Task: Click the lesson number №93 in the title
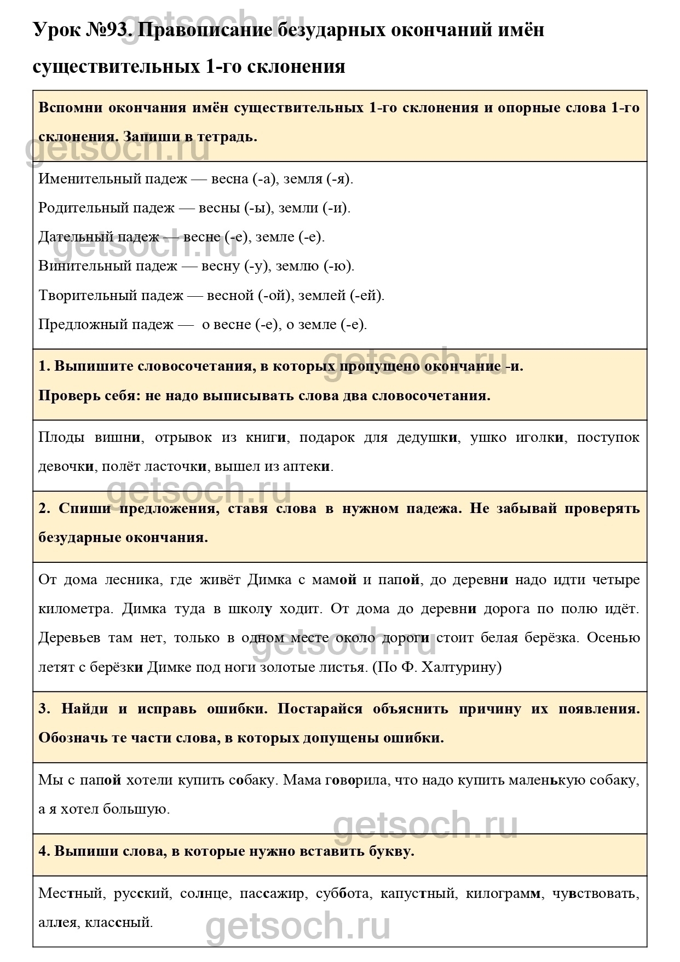[x=107, y=30]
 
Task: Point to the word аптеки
[x=307, y=466]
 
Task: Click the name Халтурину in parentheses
[x=463, y=667]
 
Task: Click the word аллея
[x=57, y=923]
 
